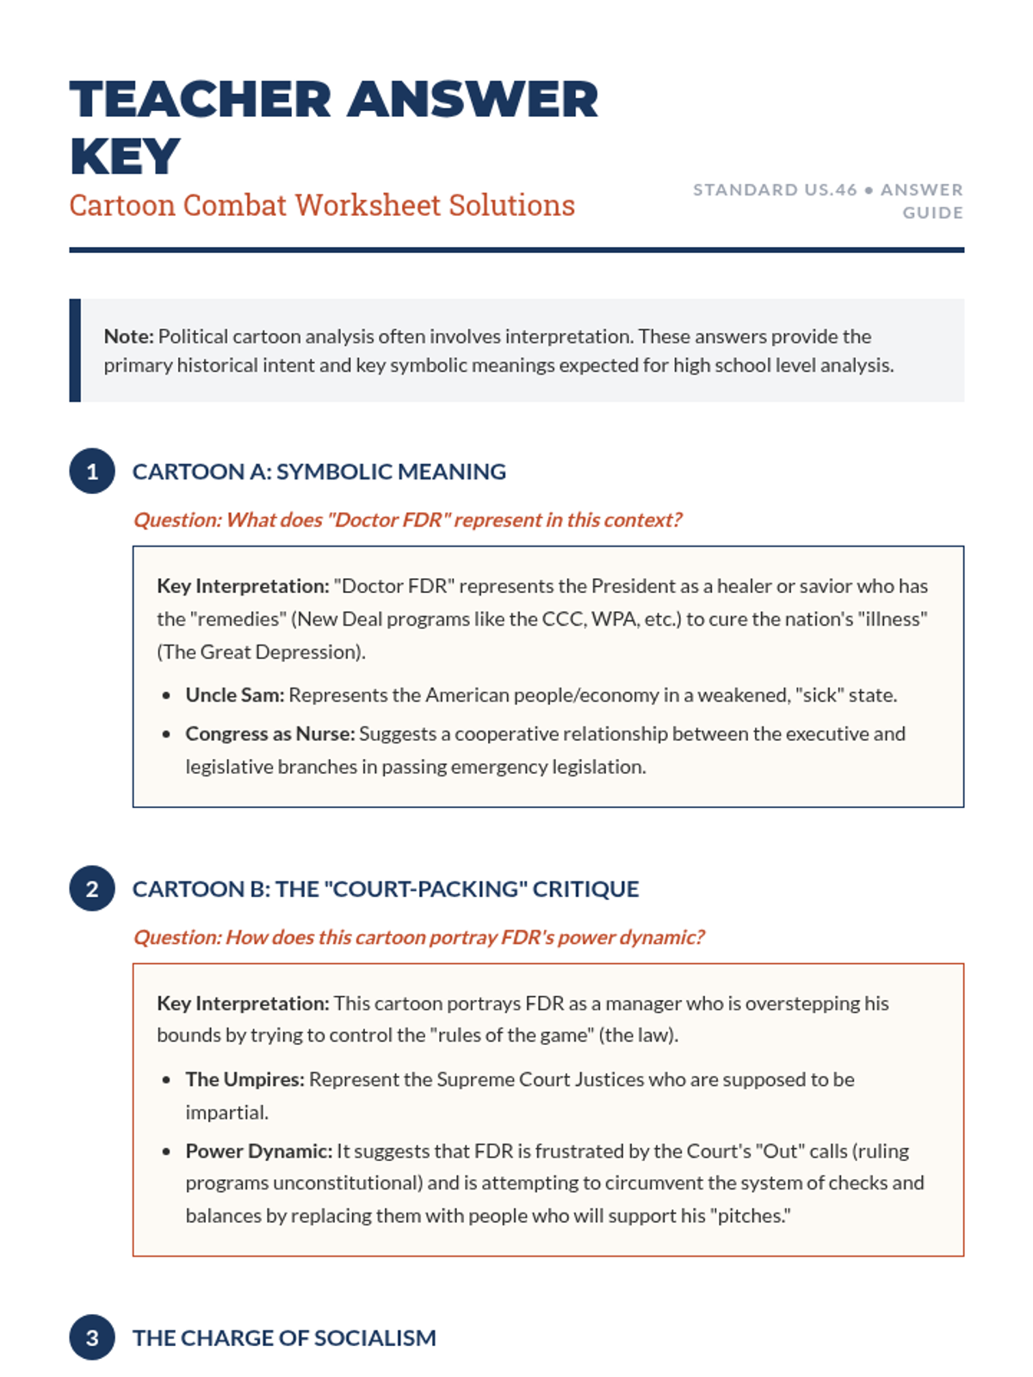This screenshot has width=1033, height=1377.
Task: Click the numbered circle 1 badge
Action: [92, 472]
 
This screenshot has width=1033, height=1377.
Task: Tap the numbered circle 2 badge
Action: [92, 888]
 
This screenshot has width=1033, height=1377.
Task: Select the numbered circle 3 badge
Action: [92, 1337]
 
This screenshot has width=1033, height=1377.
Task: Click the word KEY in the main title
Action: [125, 157]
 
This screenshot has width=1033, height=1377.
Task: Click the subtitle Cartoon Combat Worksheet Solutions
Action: [322, 206]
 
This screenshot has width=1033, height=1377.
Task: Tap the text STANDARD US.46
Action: [775, 189]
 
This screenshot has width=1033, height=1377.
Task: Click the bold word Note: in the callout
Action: [128, 337]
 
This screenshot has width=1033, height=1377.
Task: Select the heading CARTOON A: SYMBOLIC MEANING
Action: [319, 472]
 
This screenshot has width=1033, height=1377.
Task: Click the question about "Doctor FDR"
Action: [407, 520]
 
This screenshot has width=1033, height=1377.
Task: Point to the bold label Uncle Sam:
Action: [234, 695]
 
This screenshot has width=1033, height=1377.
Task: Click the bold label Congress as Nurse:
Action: [269, 734]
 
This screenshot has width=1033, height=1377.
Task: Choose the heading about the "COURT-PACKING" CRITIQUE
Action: [385, 889]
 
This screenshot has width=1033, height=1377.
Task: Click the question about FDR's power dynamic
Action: [418, 937]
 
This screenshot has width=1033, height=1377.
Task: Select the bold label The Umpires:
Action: [244, 1079]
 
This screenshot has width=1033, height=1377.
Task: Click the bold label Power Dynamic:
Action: [258, 1152]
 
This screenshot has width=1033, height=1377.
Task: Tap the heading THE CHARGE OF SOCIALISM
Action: [284, 1338]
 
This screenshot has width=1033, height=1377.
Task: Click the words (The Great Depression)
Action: [261, 652]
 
